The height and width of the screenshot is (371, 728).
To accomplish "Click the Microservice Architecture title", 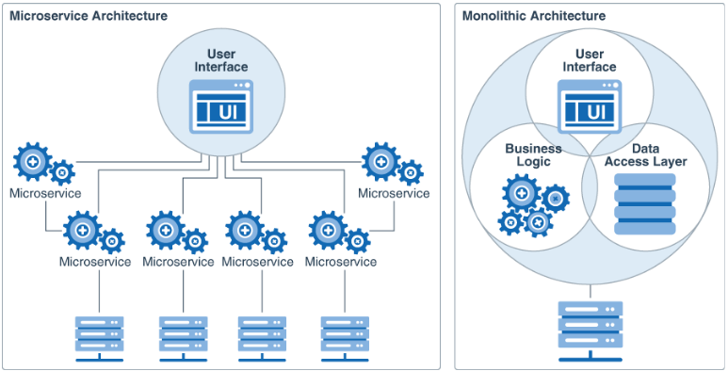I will (89, 16).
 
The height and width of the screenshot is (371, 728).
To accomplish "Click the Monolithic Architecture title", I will (533, 16).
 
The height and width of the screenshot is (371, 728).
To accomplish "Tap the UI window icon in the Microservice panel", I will (221, 105).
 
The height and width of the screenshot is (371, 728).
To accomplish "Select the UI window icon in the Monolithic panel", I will (590, 105).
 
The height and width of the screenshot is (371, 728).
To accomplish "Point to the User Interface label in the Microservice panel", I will (221, 60).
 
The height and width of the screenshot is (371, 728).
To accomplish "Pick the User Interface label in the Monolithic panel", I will (590, 60).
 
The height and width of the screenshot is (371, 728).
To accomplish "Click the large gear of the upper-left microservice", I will (33, 162).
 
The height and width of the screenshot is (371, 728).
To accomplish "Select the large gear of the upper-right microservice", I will (381, 162).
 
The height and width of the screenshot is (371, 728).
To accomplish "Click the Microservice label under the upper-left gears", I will (44, 194).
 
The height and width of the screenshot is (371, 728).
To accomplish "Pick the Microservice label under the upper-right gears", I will (394, 194).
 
